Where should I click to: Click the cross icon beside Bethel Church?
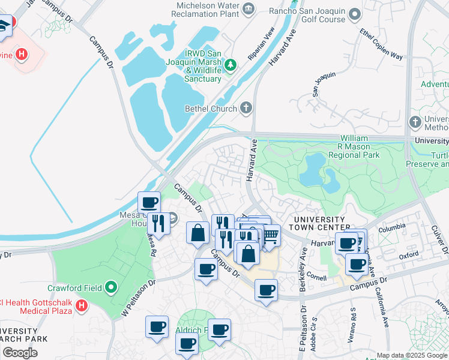[245, 109]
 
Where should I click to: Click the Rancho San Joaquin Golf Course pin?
[355, 13]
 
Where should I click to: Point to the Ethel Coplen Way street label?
[381, 44]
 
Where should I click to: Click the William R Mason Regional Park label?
[363, 146]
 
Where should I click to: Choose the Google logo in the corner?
[20, 352]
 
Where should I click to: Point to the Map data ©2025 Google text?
[412, 355]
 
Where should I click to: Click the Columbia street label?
[391, 229]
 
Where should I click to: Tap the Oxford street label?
[408, 255]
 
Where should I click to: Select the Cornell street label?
[316, 278]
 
